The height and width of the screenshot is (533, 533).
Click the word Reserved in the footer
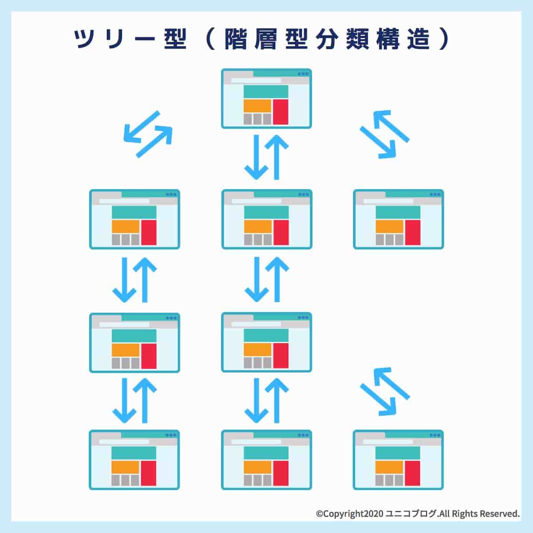point(499,514)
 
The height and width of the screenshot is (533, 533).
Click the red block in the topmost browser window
point(281,112)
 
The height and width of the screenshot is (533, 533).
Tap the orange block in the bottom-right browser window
point(390,467)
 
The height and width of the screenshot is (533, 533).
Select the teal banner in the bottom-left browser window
point(134,453)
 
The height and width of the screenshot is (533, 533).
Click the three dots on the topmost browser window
point(303,74)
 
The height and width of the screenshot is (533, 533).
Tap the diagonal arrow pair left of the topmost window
point(147,134)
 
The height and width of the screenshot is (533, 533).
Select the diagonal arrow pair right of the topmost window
point(384,134)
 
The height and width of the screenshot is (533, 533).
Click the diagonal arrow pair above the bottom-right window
point(384,391)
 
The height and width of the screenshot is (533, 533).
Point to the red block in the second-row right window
point(413,232)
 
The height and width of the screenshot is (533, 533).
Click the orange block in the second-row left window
point(126,227)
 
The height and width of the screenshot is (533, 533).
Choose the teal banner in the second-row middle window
point(266,212)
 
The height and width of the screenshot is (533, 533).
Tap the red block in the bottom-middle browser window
point(281,473)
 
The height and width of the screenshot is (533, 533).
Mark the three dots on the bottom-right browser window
point(435,435)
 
